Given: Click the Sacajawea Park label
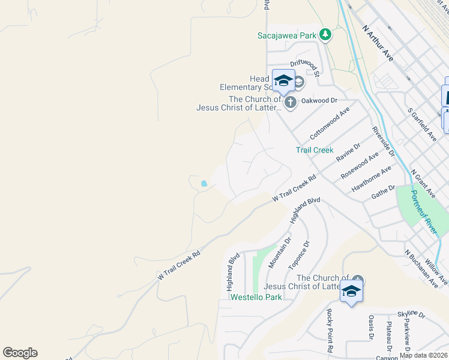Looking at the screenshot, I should tap(287, 35).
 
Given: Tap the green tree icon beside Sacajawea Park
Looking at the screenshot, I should tap(325, 34).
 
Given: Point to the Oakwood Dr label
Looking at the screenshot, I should tap(319, 101).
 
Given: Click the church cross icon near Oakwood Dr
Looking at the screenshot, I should tap(291, 102).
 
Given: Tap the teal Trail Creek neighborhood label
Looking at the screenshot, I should tap(315, 150).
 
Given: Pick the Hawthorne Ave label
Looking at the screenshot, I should tap(372, 179).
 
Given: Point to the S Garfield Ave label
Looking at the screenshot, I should tap(421, 125).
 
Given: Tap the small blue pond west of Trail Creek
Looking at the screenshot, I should tap(205, 184).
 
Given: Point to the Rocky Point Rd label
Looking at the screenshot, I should tap(329, 331).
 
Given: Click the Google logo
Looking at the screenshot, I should tap(20, 353).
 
